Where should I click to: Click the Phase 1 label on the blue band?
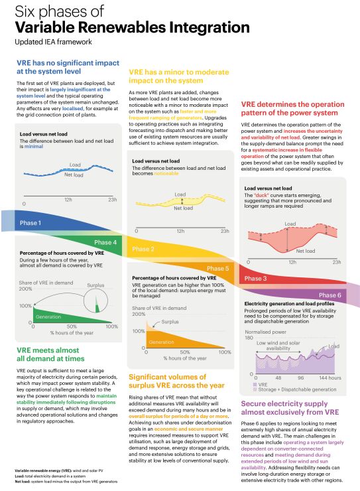coord(30,223)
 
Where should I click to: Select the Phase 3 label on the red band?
coord(256,279)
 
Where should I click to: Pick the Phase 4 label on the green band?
coord(105,242)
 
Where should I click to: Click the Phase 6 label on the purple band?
coord(330,295)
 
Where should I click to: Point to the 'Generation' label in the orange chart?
coord(161,342)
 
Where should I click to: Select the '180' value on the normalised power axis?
coord(249,338)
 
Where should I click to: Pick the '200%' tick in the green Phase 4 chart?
coord(25,289)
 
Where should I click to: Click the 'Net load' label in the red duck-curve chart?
coord(305,251)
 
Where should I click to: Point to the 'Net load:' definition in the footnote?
coord(24,482)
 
